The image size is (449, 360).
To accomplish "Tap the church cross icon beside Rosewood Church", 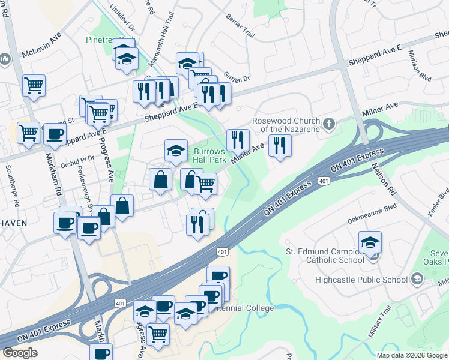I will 328,124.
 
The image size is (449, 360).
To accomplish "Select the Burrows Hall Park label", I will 209,156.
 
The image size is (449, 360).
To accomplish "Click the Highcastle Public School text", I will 366,280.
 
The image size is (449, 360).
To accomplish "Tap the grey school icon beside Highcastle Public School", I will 416,279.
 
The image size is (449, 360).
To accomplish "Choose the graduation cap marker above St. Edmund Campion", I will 370,242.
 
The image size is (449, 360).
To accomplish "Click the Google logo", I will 20,353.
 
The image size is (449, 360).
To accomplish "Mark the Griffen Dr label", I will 237,77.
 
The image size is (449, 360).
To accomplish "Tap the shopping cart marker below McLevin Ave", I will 34,85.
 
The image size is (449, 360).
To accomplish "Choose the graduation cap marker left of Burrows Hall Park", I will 176,151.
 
